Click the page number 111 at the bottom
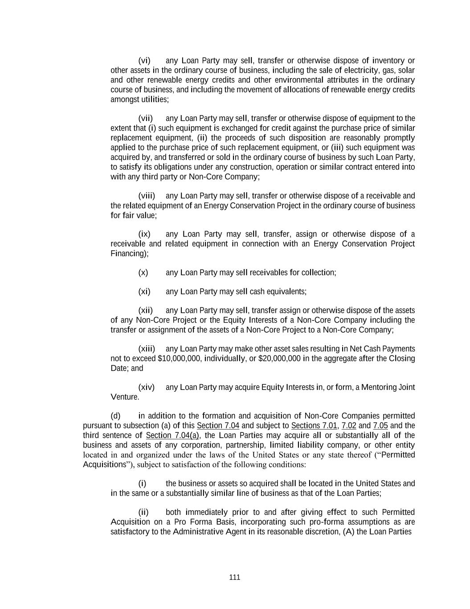pyautogui.click(x=234, y=577)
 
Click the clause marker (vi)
pyautogui.click(x=144, y=60)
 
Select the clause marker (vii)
pyautogui.click(x=146, y=118)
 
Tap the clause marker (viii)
pyautogui.click(x=147, y=196)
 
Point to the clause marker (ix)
pyautogui.click(x=144, y=234)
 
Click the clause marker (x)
pyautogui.click(x=143, y=273)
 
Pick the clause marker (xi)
pyautogui.click(x=144, y=292)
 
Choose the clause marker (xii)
pyautogui.click(x=146, y=311)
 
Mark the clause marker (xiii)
pyautogui.click(x=147, y=349)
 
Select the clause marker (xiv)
pyautogui.click(x=146, y=387)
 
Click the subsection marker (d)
pyautogui.click(x=115, y=416)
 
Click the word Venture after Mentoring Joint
pyautogui.click(x=124, y=397)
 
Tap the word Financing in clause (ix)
pyautogui.click(x=127, y=254)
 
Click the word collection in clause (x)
pyautogui.click(x=318, y=273)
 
